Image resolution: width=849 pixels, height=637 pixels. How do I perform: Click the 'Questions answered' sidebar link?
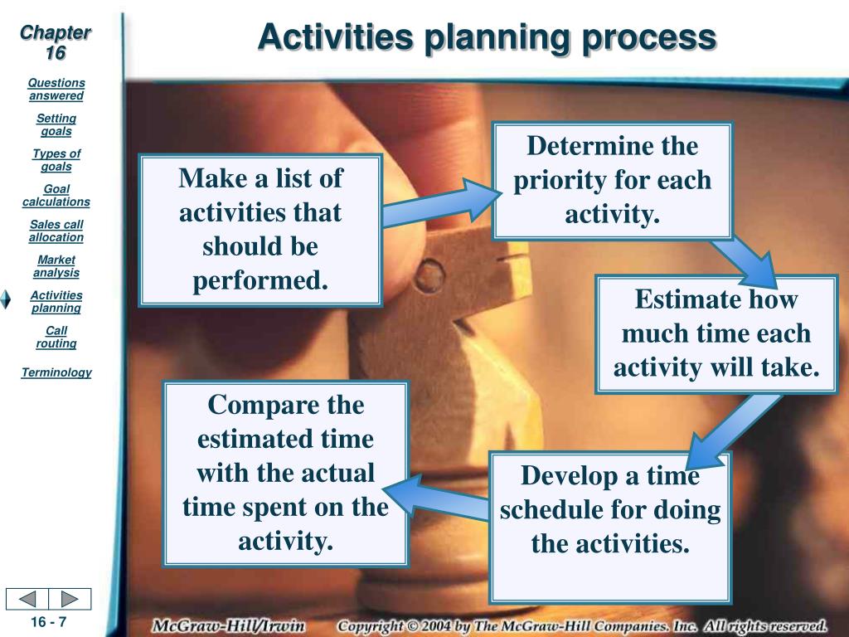56,90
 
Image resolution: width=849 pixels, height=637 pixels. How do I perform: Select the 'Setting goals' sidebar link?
56,124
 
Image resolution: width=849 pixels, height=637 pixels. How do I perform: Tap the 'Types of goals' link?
56,160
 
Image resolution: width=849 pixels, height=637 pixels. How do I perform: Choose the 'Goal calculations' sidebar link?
56,196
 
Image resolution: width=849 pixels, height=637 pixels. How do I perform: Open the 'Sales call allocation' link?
56,231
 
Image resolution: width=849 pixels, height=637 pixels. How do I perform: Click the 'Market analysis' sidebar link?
56,266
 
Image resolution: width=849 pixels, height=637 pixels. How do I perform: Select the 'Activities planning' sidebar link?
56,302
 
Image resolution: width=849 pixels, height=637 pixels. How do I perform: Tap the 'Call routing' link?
56,337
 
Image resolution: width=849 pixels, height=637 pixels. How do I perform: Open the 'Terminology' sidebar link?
56,372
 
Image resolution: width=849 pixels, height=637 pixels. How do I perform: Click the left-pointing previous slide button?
27,599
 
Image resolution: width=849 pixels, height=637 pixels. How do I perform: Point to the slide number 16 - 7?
49,622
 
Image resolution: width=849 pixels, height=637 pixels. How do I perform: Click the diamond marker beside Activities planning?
6,299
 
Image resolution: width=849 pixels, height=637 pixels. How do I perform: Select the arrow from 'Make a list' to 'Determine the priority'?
442,202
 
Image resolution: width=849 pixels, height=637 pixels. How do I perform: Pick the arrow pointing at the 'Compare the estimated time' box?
436,498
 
